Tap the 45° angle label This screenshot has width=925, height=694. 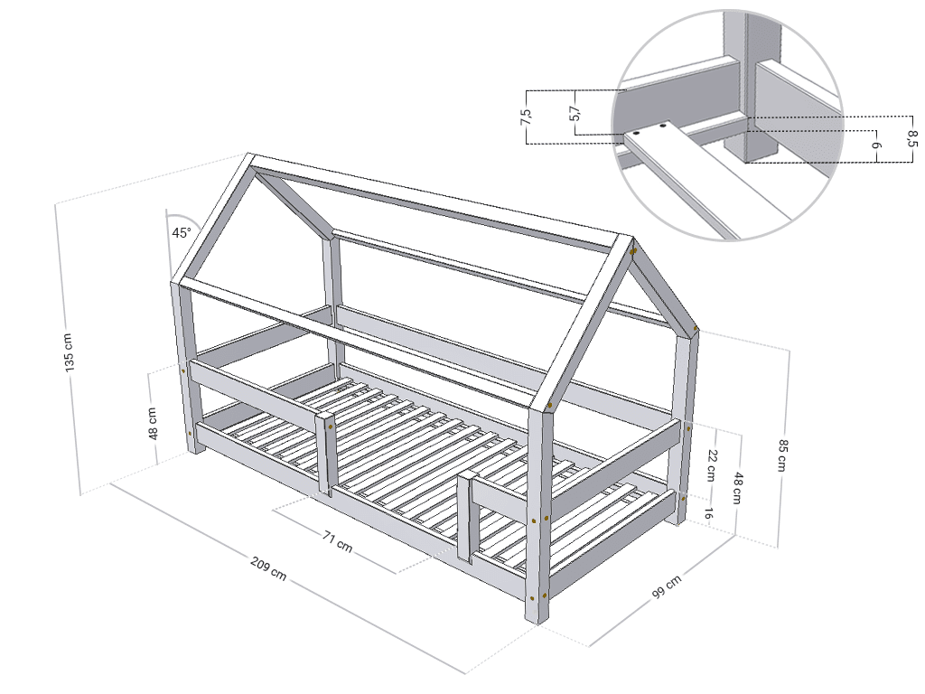[x=182, y=232]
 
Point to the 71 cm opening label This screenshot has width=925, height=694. [x=338, y=542]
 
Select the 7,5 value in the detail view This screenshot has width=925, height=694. [x=527, y=118]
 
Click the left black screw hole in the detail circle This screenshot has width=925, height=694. [x=638, y=134]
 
